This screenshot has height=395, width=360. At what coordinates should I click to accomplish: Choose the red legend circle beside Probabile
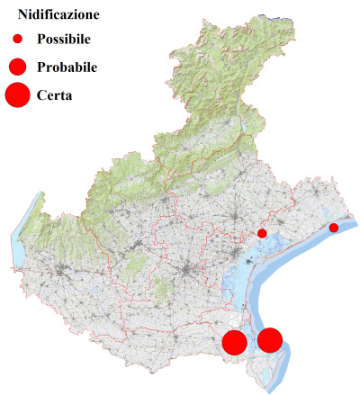pos(17,67)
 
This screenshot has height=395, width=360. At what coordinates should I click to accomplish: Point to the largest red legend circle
pos(17,94)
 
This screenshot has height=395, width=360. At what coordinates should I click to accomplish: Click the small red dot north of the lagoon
pos(262,233)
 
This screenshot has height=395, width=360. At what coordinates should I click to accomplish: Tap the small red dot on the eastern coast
pos(333,228)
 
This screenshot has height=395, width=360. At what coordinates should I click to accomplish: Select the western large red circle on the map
pos(235,342)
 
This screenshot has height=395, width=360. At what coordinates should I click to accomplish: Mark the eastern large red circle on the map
pos(270,339)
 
